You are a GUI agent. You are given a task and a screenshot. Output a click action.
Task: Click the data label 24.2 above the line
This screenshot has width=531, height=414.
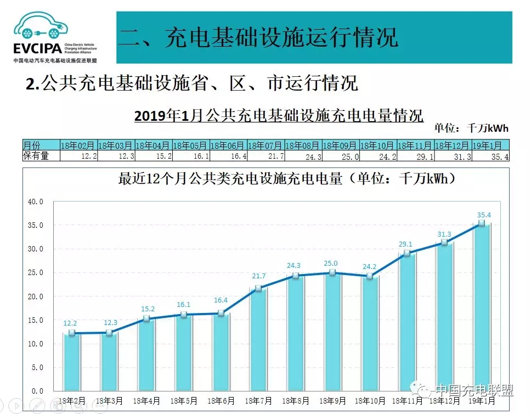pos(370,267)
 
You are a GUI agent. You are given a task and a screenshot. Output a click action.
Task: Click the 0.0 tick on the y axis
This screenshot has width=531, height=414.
pos(37,391)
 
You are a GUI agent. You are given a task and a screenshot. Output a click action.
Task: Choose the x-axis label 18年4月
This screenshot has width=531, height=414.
pos(147,401)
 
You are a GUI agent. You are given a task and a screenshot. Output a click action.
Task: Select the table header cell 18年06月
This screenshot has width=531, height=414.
pos(228,146)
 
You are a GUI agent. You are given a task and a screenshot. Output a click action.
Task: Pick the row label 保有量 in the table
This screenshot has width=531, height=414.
pos(36,156)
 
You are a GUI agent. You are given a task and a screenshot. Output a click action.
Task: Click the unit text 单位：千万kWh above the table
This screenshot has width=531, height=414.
pos(471,128)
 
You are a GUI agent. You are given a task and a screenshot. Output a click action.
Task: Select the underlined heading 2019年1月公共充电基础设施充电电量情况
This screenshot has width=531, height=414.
pos(279,116)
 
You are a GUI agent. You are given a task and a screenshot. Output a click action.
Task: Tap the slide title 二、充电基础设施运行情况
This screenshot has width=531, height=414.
pos(258,37)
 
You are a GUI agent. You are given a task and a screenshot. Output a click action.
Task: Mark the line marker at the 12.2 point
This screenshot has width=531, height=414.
pos(72,333)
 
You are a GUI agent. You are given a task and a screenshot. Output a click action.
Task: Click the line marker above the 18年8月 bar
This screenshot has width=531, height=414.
pos(296,276)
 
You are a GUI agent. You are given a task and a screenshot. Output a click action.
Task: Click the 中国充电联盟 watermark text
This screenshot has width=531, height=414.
pos(474,390)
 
